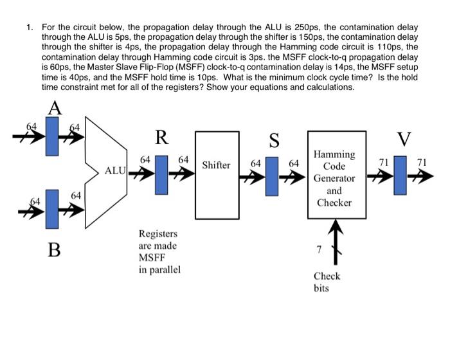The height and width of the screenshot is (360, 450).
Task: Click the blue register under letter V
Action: (x=402, y=175)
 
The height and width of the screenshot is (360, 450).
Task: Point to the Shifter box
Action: (x=216, y=166)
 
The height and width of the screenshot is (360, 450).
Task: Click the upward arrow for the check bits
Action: (x=334, y=242)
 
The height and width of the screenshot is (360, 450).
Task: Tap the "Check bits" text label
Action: (x=327, y=282)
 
